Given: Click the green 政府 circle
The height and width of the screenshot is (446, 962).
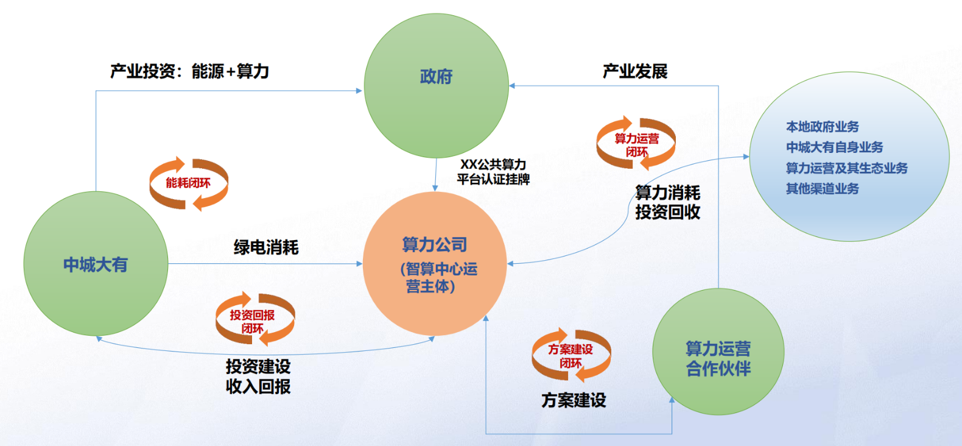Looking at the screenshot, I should pos(436,85).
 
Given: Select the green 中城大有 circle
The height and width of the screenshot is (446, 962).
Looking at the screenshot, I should pos(96,264).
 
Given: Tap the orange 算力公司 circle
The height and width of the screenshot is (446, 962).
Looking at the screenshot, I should pos(435,263).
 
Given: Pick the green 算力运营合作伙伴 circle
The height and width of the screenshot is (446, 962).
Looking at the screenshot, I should pos(718,352).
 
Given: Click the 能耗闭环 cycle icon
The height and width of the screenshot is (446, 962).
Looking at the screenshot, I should pos(189,183).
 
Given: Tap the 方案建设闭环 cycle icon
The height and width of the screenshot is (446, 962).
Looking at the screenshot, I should pos(571,356).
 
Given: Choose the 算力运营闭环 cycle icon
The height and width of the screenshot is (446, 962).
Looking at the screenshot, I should pos(636,144).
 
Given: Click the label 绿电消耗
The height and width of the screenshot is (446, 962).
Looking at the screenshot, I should pos(266,247).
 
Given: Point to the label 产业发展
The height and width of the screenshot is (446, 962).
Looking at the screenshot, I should pos(635,71).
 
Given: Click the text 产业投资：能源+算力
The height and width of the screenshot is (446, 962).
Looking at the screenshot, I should pos(189,71).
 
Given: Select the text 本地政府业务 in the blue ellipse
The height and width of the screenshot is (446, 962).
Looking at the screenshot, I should pos(822,127).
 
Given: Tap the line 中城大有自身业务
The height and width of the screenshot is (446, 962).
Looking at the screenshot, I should pos(834,147).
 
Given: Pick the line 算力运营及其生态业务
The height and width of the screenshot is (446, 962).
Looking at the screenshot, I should pos(846,168).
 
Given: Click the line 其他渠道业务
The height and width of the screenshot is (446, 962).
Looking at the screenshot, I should pos(822,189).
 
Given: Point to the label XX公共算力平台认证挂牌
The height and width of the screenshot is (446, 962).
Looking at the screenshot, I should pos(493,172).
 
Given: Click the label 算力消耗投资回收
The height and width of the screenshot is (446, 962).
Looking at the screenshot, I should pos(667,202).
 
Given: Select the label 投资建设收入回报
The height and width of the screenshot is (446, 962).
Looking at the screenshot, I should pos(258,376).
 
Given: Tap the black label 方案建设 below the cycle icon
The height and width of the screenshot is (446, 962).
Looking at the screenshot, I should pos(574,400).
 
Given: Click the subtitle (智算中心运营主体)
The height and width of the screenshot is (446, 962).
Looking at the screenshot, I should pos(438,277).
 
